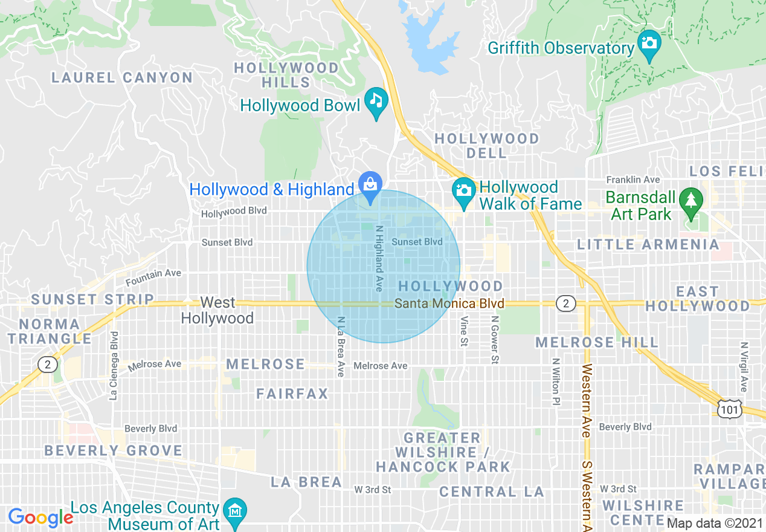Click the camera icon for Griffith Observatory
649,44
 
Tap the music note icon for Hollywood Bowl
376,100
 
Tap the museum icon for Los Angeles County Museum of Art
234,511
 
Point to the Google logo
40,517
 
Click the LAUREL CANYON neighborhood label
122,77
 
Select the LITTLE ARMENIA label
648,244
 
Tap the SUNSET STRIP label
92,299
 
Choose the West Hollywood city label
217,310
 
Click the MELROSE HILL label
597,343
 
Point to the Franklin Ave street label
633,180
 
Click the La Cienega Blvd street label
113,366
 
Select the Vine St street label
464,331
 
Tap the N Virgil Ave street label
744,367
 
